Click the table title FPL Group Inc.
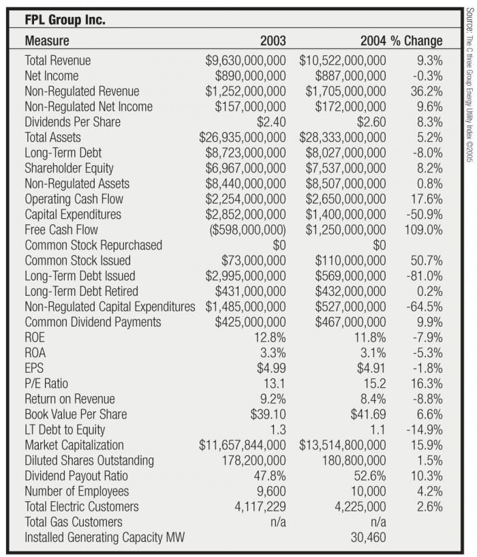65,20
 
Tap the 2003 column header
273,41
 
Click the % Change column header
416,41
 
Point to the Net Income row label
52,76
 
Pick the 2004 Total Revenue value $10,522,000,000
343,61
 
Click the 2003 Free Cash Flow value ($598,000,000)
246,230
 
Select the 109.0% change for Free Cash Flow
423,230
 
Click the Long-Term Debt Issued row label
80,276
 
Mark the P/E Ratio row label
46,384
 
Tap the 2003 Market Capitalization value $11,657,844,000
243,445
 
